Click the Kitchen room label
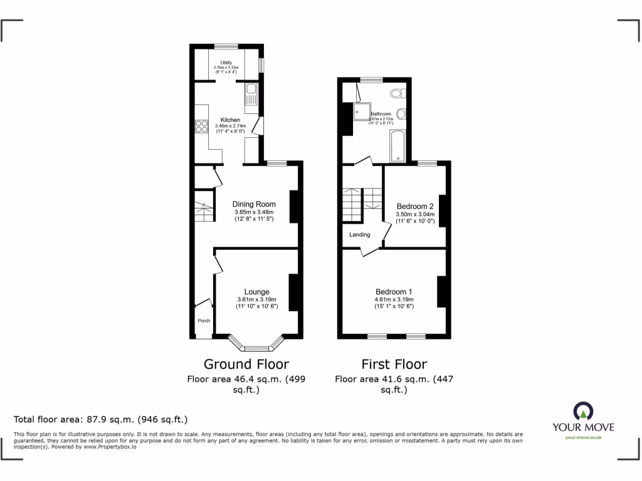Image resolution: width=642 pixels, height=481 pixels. (x=229, y=120)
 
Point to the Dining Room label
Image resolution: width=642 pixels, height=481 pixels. (x=254, y=204)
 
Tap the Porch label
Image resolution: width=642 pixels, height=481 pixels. (x=204, y=321)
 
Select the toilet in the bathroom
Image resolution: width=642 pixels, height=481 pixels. (x=396, y=93)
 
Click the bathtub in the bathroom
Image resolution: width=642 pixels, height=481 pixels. (x=398, y=145)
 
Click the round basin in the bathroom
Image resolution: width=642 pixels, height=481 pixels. (x=401, y=113)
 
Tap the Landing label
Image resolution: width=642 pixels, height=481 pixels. (x=360, y=235)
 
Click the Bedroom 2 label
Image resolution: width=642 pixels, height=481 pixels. (x=415, y=207)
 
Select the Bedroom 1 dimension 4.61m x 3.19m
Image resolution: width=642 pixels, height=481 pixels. (x=394, y=299)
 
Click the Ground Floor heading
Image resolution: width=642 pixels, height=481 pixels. (x=246, y=364)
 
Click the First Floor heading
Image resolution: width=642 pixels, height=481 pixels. (x=394, y=364)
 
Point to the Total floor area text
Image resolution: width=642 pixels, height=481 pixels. (x=100, y=420)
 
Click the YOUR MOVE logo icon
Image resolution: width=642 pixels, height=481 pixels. (x=582, y=411)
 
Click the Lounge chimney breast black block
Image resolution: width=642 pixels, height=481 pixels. (x=293, y=292)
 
